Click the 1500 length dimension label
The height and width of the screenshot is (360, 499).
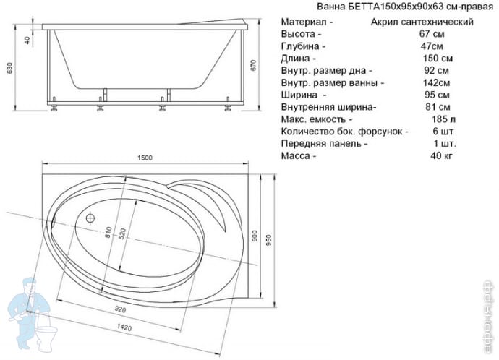pos(145,158)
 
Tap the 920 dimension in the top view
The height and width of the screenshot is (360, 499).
pos(120,309)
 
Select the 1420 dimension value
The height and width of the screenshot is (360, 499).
pos(124,327)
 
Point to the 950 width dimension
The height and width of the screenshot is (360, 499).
pos(269,241)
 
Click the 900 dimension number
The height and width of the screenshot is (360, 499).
pos(255,236)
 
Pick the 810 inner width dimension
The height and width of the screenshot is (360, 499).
pos(108,232)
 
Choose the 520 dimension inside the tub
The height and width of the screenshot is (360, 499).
pos(122,234)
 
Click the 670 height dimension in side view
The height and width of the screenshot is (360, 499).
pos(253,66)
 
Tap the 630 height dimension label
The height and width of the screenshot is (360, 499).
pos(9,68)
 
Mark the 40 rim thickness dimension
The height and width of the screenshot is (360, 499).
pos(27,40)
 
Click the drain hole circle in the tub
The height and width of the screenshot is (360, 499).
pos(90,218)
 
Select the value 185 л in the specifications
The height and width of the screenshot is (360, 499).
pos(443,119)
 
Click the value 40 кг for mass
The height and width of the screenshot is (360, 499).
pos(441,156)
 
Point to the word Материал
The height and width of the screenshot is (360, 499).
pos(304,22)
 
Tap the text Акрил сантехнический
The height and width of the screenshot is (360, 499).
pos(422,22)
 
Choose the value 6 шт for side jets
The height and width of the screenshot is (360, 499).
pos(441,132)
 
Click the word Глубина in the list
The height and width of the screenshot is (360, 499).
pos(300,46)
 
